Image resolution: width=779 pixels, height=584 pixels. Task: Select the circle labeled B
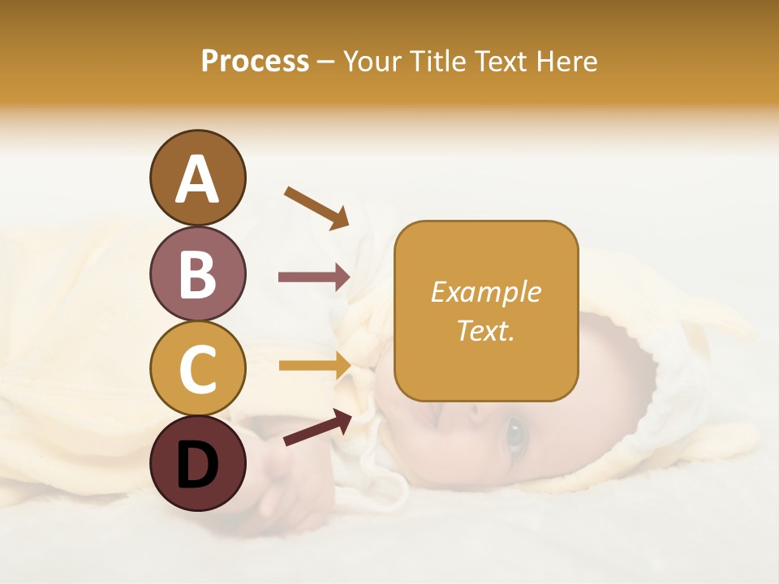pyautogui.click(x=197, y=273)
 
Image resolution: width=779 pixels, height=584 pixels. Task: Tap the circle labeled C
pyautogui.click(x=197, y=368)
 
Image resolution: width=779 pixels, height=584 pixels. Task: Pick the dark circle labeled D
pyautogui.click(x=197, y=463)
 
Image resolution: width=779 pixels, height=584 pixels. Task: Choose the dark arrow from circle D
pyautogui.click(x=317, y=427)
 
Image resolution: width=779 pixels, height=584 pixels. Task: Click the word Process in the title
pyautogui.click(x=255, y=61)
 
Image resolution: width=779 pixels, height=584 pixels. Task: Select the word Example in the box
pyautogui.click(x=485, y=292)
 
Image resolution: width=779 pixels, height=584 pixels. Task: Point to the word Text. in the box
pyautogui.click(x=485, y=330)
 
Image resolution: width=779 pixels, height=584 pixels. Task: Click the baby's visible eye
pyautogui.click(x=514, y=435)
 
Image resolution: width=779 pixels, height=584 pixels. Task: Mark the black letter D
pyautogui.click(x=197, y=465)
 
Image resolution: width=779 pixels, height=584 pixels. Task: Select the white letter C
pyautogui.click(x=197, y=370)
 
